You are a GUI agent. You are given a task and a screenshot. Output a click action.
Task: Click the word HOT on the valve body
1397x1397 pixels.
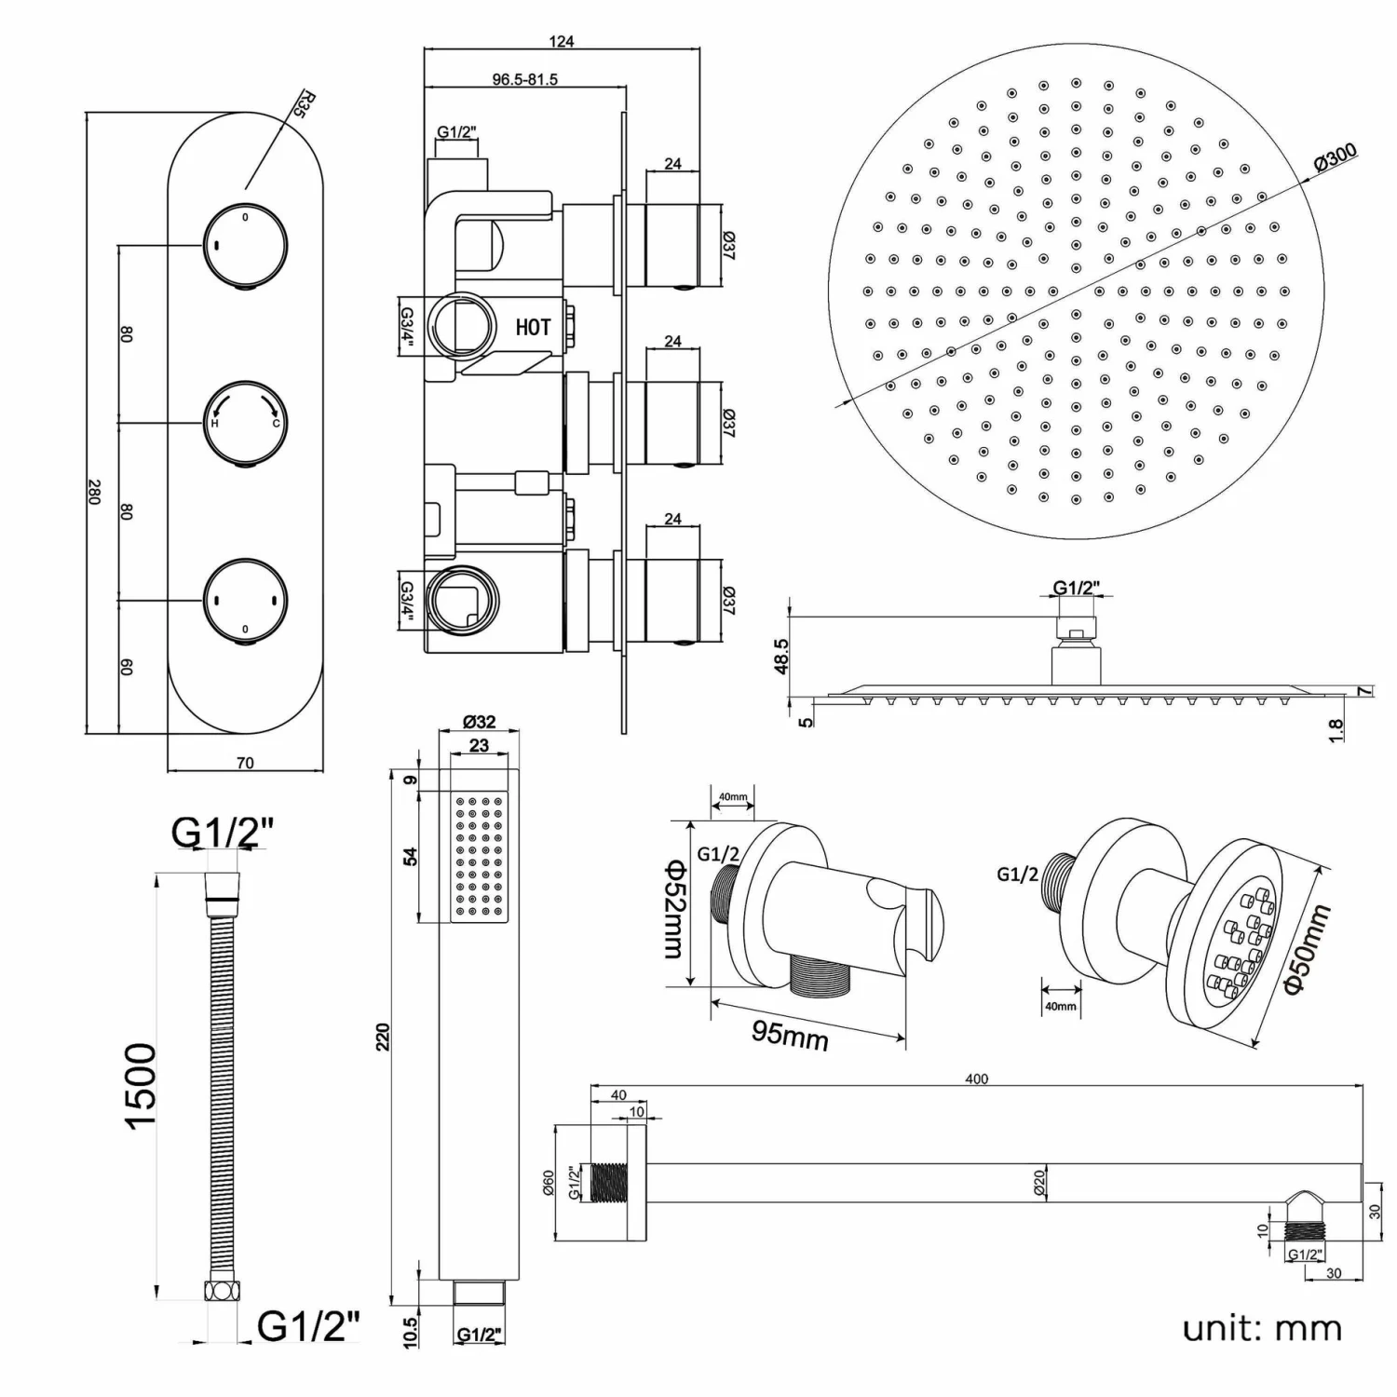[x=533, y=327]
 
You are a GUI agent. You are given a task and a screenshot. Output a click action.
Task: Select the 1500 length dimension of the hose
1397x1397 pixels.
[x=142, y=1085]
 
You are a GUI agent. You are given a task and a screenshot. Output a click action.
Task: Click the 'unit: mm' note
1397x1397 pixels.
[x=1262, y=1327]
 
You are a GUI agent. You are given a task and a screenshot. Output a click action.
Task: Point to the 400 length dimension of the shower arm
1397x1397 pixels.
[x=976, y=1078]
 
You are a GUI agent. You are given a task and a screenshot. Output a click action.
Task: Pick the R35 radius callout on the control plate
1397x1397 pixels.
[x=300, y=102]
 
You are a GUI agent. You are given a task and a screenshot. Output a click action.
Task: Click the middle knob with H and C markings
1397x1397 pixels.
[x=246, y=422]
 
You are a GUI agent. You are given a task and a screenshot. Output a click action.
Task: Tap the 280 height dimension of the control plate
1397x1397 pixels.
[x=93, y=492]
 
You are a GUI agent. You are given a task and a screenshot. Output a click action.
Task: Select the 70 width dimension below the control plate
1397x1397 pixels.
[x=245, y=763]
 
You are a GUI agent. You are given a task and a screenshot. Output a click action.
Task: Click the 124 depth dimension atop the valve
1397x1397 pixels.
[x=562, y=41]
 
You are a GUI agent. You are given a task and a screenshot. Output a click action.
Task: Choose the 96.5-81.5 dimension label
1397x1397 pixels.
[x=525, y=80]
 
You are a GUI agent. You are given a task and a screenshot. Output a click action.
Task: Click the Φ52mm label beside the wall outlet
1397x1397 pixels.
[x=673, y=908]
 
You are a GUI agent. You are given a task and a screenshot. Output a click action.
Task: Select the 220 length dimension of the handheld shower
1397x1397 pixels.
[x=383, y=1036]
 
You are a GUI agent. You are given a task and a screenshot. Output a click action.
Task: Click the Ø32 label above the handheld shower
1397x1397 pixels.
[x=479, y=722]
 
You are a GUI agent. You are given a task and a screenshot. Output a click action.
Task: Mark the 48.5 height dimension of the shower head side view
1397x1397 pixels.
[x=780, y=656]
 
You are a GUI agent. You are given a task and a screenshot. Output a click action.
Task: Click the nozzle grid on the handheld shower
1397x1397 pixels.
[x=479, y=857]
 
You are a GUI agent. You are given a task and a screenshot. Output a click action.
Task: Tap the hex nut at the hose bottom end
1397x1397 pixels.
[x=223, y=1291]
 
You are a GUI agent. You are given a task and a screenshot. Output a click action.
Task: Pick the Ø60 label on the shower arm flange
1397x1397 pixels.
[x=549, y=1183]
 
